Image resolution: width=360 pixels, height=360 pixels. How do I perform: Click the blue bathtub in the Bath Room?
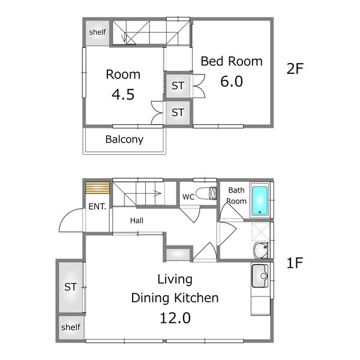(260, 200)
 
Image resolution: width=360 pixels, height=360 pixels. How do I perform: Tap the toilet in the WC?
(206, 193)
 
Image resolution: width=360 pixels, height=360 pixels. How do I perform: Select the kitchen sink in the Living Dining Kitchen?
(260, 276)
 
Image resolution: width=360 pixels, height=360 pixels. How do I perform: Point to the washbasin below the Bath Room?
(261, 250)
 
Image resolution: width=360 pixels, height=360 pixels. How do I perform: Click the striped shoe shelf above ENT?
(98, 188)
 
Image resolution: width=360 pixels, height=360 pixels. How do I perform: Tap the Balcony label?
(124, 139)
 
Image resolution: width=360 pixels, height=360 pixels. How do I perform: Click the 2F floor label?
(295, 68)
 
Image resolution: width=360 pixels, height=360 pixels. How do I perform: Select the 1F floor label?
(295, 263)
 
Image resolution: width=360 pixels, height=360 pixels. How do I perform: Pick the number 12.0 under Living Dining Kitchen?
(175, 318)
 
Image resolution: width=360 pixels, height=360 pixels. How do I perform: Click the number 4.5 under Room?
(123, 94)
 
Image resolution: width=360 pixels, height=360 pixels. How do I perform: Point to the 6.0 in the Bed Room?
(232, 81)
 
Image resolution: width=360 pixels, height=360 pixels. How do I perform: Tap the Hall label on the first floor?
(137, 221)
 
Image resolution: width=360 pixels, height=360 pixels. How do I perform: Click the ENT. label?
(97, 206)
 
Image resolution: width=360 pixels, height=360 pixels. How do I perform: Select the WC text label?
(188, 197)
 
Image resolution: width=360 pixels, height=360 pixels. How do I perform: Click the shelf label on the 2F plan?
(98, 32)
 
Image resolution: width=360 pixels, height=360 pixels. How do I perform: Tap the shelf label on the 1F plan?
(71, 327)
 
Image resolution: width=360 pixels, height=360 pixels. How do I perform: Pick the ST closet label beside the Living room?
(70, 287)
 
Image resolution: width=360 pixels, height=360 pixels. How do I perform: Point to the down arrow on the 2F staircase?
(124, 38)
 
